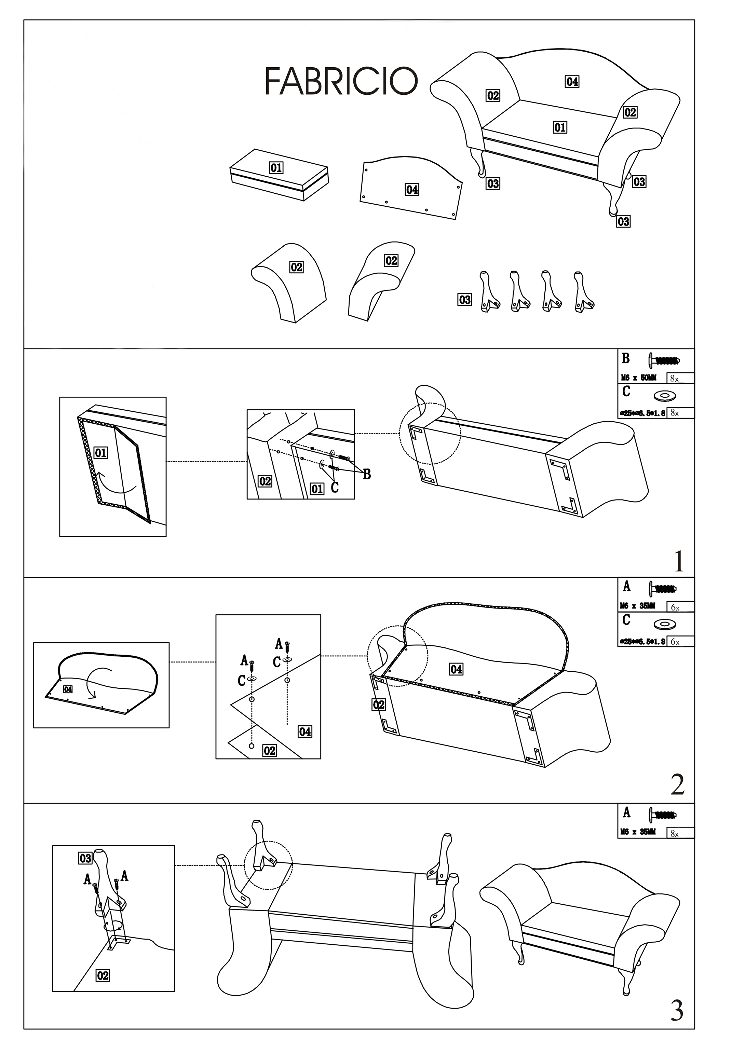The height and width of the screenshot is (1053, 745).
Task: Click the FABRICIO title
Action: coord(342,81)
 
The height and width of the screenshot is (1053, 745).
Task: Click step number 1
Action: coord(678,561)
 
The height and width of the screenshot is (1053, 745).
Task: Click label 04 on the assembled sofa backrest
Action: coord(572,82)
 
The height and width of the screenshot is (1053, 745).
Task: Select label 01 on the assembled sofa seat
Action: coord(560,127)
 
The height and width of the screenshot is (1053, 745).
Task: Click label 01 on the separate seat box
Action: coord(276,168)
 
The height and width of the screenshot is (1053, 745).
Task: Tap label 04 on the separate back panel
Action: coord(411,189)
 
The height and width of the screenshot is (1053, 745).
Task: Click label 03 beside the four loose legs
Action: coord(465,300)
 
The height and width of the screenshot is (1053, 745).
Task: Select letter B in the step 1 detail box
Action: coord(367,475)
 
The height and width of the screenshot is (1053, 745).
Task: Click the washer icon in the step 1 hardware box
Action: coord(662,395)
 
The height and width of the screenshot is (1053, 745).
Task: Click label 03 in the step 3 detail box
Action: coord(86,859)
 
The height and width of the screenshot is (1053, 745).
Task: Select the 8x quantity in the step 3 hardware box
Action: coord(674,834)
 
